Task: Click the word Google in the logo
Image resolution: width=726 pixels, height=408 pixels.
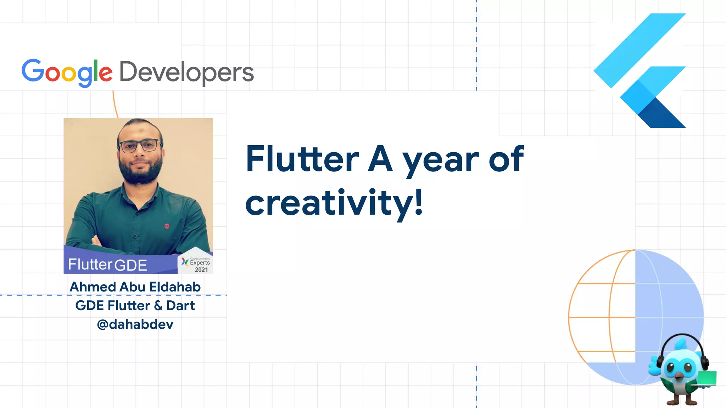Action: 67,72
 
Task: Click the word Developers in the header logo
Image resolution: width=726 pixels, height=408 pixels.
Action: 186,72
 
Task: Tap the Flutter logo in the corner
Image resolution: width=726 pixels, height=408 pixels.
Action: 640,70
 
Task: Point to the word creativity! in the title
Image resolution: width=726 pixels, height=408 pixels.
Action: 334,203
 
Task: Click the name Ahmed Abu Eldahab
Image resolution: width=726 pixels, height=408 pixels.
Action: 135,287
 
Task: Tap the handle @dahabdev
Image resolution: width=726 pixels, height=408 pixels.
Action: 135,324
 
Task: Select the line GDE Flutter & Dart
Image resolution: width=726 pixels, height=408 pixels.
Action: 135,306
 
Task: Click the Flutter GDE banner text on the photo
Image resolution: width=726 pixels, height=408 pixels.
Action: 107,265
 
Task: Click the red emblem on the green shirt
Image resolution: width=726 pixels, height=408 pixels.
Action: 167,226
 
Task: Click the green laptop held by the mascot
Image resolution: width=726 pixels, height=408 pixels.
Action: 707,378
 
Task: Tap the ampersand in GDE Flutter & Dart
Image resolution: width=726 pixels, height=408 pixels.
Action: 158,306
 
